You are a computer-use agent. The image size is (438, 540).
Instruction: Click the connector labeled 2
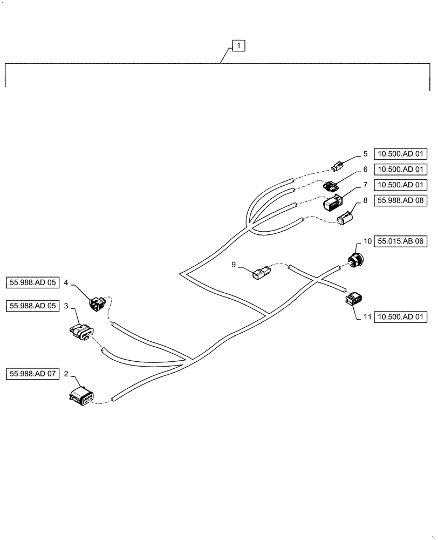tap(82, 397)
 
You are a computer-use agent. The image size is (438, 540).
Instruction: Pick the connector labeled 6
tap(330, 186)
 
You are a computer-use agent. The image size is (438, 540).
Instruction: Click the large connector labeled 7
tap(333, 204)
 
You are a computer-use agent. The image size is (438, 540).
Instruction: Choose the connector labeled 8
tap(344, 219)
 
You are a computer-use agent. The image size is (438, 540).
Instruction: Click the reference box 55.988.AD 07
tap(32, 373)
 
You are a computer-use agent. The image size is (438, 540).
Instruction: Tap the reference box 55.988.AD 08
tap(400, 200)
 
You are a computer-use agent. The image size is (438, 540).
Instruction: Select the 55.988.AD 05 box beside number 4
tap(32, 282)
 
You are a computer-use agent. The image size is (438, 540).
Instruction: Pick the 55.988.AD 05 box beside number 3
tap(32, 306)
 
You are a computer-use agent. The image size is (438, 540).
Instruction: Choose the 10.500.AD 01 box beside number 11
tap(400, 318)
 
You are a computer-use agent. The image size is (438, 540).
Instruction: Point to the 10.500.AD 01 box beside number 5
tap(400, 154)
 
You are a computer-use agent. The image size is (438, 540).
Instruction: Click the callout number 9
tap(234, 265)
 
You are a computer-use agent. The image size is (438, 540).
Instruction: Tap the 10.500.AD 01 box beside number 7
tap(400, 185)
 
